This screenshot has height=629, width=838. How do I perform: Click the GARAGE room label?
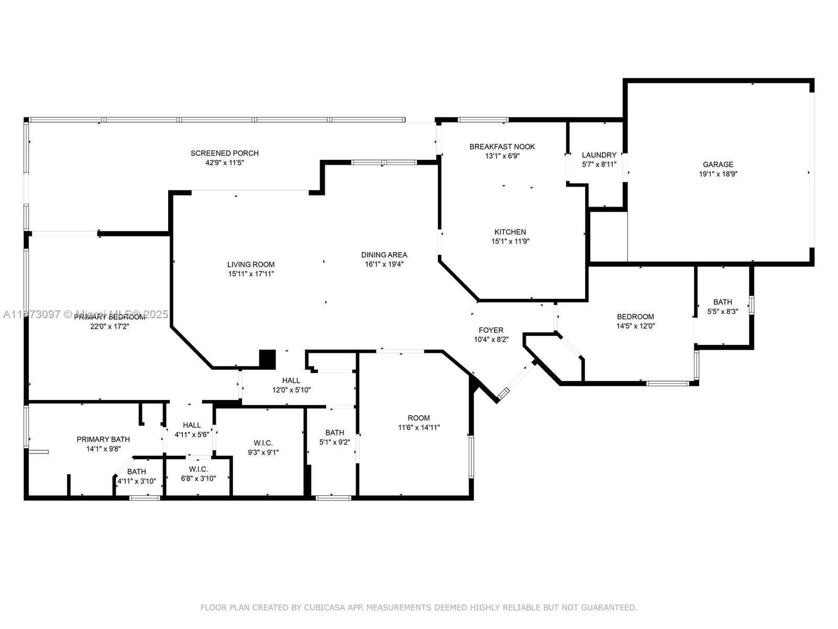tap(718, 165)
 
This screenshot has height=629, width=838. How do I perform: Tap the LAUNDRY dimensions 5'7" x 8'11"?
tap(599, 164)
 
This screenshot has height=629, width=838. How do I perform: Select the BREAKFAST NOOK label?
tap(502, 147)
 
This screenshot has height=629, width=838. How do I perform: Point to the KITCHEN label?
tap(510, 232)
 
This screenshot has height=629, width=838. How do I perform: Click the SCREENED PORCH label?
tap(224, 153)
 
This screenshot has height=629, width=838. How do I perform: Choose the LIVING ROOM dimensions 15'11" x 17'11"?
tap(251, 274)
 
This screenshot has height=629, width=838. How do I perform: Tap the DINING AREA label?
tap(384, 255)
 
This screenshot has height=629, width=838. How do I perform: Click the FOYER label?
tap(491, 330)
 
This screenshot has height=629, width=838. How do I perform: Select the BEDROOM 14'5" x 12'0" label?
tap(635, 317)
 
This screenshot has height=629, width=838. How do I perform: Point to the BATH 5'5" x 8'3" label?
tap(722, 302)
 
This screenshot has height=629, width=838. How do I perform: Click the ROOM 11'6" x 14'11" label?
tap(418, 418)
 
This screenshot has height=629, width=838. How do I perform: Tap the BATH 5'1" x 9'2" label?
tap(335, 432)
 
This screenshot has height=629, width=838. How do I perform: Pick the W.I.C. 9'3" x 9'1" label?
tap(263, 443)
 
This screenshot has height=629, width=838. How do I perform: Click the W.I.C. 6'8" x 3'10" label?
tap(199, 469)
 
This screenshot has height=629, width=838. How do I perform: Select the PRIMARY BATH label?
tap(103, 439)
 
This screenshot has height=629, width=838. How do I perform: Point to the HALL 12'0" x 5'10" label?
tap(291, 381)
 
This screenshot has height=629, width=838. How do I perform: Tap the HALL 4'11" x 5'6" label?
tap(192, 425)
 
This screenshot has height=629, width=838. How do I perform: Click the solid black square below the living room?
tap(267, 359)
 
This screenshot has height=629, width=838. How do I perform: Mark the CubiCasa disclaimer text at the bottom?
tap(418, 608)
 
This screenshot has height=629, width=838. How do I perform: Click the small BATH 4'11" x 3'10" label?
tap(136, 472)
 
